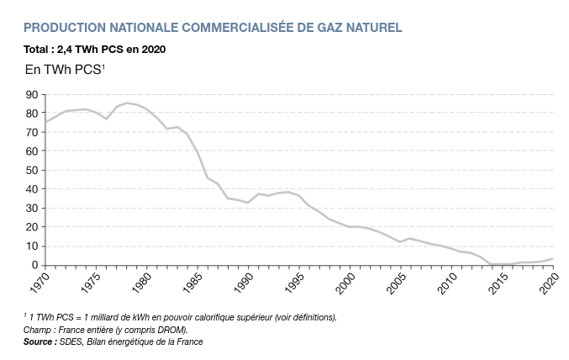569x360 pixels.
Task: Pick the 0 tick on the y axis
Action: (34, 265)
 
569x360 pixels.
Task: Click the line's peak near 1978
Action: (127, 103)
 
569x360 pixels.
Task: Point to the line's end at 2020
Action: (551, 259)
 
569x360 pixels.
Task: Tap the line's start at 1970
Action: (45, 122)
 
